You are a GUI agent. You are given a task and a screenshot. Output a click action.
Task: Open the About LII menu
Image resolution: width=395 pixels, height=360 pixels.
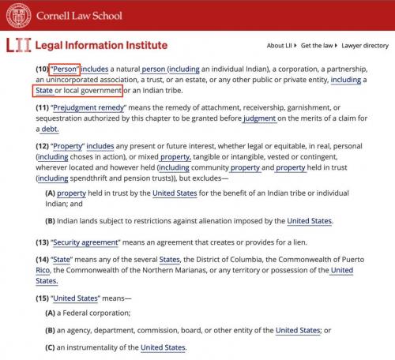(282, 46)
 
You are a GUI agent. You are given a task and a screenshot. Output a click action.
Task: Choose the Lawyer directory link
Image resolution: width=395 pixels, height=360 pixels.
(366, 46)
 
